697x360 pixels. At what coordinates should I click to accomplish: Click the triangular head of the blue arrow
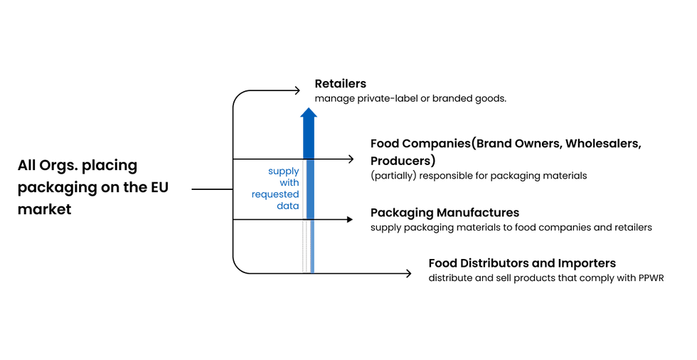coord(309,112)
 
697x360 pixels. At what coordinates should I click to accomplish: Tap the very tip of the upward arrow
coord(309,106)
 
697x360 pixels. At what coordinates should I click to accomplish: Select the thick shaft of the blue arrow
coord(309,137)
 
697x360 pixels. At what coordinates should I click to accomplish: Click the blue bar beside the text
coord(311,189)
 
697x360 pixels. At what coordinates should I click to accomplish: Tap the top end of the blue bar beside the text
coord(311,162)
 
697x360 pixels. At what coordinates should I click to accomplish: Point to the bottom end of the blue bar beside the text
coord(311,216)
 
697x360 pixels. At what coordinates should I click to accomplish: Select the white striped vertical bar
coord(304,246)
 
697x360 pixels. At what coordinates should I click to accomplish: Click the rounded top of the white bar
coord(304,222)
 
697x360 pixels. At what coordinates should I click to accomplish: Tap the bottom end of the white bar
coord(304,270)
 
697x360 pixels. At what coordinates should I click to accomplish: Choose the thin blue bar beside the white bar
coord(313,246)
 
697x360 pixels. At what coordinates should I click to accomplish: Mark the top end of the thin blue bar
coord(313,222)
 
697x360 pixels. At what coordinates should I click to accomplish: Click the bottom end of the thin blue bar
coord(313,270)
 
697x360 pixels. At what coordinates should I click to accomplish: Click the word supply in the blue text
coord(284,171)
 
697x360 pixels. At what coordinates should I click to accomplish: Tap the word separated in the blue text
coord(275,195)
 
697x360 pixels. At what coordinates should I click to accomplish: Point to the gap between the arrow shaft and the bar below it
coord(309,159)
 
